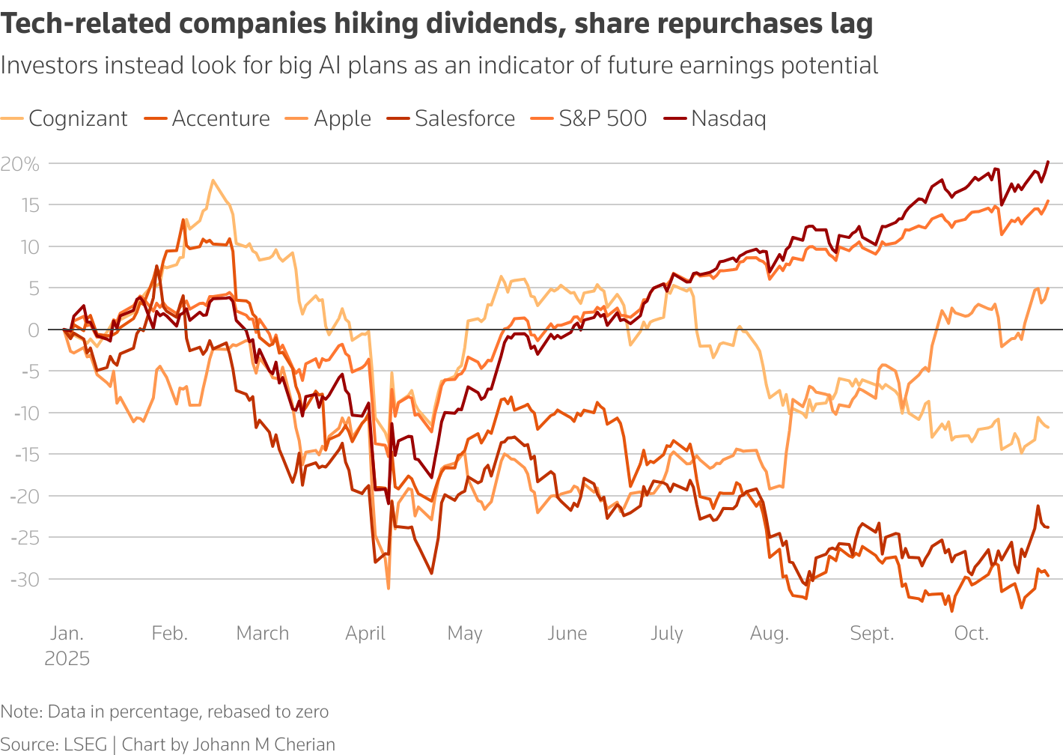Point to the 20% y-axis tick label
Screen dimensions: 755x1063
pos(20,164)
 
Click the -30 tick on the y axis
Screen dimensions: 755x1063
pos(25,579)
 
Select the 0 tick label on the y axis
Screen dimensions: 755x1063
pos(34,330)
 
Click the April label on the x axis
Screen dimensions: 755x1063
pos(365,634)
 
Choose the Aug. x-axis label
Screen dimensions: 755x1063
pos(769,634)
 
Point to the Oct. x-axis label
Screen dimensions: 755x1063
pos(971,634)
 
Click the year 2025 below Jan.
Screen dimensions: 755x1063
pos(67,659)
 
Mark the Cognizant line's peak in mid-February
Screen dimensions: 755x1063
pos(213,181)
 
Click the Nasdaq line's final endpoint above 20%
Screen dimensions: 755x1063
pos(1048,161)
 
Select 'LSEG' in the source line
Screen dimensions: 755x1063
pos(86,745)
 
